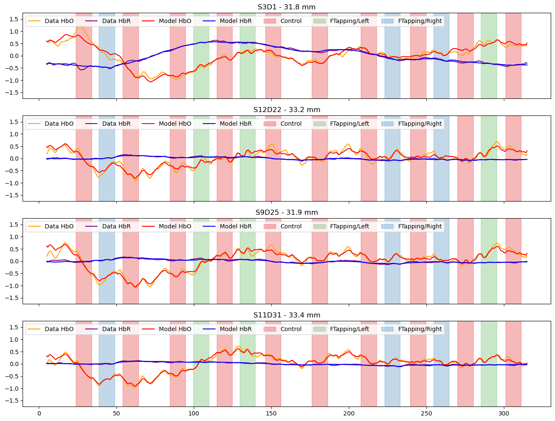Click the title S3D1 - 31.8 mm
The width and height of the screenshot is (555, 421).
click(x=287, y=7)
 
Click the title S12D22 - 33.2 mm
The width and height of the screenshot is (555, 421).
click(x=287, y=110)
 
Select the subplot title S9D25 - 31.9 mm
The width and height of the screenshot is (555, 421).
click(x=287, y=212)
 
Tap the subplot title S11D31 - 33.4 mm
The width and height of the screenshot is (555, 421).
click(x=287, y=315)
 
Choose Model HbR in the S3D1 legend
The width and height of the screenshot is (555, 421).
click(x=236, y=21)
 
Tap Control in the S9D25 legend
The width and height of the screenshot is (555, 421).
click(x=291, y=226)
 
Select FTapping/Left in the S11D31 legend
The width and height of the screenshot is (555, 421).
click(x=349, y=329)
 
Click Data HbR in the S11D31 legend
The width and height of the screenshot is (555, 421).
click(x=116, y=329)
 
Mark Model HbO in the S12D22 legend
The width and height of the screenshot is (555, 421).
click(x=175, y=124)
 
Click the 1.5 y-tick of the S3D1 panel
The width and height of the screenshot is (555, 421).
click(x=14, y=19)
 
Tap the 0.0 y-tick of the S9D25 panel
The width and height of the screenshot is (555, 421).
click(x=14, y=261)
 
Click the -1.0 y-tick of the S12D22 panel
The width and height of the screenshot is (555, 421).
click(x=13, y=183)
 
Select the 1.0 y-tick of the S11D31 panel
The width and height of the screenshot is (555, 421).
click(x=14, y=340)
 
